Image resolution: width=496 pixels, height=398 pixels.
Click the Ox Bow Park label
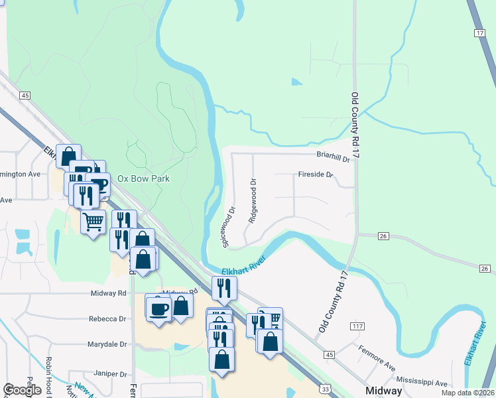[x=143, y=178]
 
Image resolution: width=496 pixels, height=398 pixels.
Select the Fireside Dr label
[x=315, y=176]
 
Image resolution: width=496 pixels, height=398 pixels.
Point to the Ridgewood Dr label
[x=252, y=200]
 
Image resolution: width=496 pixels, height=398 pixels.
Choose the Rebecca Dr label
[x=107, y=319]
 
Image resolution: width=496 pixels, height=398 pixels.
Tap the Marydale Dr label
[x=107, y=344]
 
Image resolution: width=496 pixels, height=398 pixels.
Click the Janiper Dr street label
[x=109, y=373]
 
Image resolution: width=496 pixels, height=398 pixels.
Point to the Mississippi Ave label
[x=422, y=383]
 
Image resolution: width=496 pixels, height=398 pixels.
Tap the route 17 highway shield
[x=480, y=33]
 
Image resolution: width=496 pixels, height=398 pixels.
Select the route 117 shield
[x=359, y=326]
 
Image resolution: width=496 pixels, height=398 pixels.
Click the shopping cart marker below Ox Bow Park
[x=93, y=221]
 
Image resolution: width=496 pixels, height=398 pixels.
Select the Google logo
[x=22, y=390]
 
